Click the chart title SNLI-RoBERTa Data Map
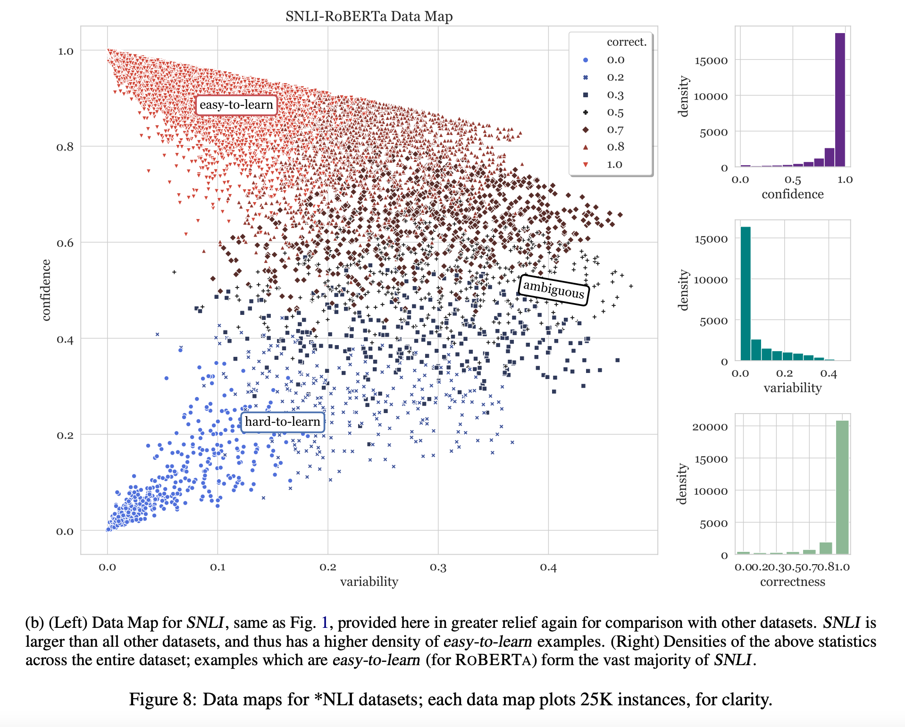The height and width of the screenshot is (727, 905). [x=369, y=16]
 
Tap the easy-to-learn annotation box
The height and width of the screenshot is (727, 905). [x=236, y=105]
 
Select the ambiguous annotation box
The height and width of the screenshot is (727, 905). [x=553, y=289]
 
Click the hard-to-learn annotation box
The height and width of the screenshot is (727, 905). [x=282, y=422]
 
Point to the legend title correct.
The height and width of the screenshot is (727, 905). [x=626, y=42]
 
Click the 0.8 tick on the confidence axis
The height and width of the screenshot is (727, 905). [x=65, y=147]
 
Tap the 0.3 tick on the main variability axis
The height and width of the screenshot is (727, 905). [x=438, y=567]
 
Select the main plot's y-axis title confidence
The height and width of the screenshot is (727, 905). [x=46, y=290]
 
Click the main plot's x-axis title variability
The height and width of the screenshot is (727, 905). [x=369, y=582]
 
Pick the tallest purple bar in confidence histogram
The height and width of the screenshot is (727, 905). [x=840, y=99]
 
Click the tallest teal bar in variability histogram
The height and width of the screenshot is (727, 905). [x=746, y=293]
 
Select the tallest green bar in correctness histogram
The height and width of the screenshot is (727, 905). [x=842, y=486]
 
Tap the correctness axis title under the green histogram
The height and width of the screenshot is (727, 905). [x=792, y=582]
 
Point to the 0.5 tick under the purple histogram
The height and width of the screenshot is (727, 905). [x=793, y=180]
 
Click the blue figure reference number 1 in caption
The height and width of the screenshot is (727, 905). [x=325, y=623]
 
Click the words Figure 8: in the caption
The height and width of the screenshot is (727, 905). [x=163, y=699]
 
